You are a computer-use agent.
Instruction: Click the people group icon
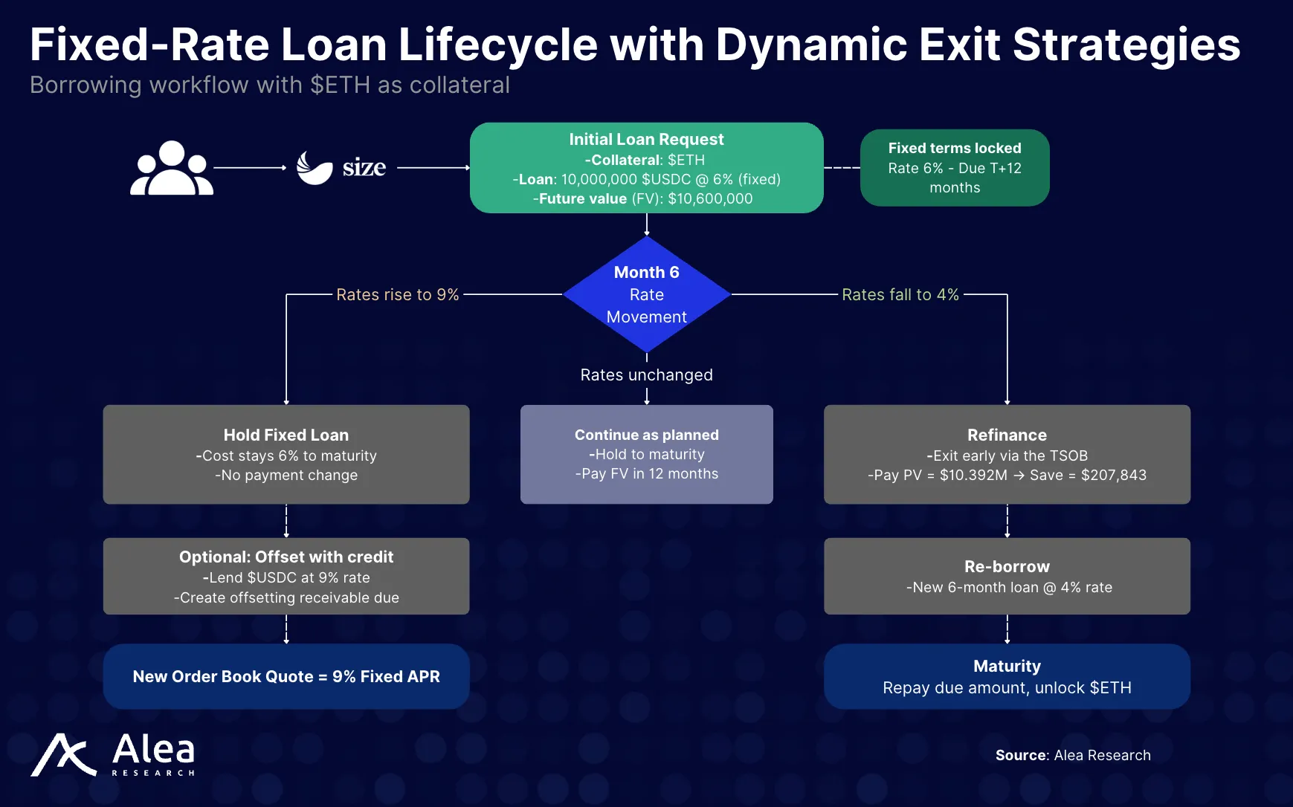(172, 169)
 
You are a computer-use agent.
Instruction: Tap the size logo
(341, 168)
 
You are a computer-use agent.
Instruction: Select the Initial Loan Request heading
(646, 140)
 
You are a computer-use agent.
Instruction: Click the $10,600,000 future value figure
(710, 198)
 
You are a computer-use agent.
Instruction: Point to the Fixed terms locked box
(954, 168)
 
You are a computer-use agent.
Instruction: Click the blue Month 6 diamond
(646, 294)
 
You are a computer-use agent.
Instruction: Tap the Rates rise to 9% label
(398, 295)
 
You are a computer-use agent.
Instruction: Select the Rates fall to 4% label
(900, 295)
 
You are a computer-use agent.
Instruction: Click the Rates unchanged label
(646, 375)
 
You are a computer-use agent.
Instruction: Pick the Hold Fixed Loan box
(286, 454)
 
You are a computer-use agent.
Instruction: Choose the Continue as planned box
(646, 454)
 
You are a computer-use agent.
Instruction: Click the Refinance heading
(1007, 435)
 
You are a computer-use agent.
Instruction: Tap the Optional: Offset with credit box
(286, 576)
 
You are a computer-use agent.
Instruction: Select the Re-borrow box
(1007, 576)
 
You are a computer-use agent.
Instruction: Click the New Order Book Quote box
(286, 676)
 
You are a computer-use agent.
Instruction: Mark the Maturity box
(1007, 676)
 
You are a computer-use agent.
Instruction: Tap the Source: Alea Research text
(1072, 756)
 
